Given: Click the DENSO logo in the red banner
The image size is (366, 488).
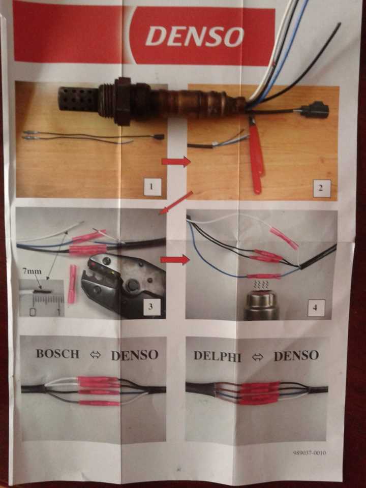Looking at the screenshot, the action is (195, 36).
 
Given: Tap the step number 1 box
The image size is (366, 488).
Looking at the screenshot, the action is (152, 187).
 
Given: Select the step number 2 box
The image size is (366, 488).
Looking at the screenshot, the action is (322, 188).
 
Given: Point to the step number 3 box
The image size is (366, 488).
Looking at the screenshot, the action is (151, 306).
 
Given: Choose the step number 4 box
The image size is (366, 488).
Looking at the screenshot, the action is (316, 308).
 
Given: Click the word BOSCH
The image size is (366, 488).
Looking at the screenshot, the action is (58, 354).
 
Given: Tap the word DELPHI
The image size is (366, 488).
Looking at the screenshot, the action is (217, 356).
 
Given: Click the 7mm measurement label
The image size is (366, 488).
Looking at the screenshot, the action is (32, 271).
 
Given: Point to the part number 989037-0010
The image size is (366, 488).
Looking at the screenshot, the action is (310, 452).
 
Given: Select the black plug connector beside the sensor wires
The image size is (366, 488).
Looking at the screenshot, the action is (315, 110).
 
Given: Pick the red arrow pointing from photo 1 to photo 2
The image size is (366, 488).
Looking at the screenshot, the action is (176, 162).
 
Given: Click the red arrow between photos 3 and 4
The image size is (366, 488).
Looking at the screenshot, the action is (175, 260).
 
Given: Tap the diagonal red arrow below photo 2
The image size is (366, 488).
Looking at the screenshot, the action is (176, 203).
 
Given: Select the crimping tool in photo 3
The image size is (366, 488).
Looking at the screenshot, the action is (123, 285).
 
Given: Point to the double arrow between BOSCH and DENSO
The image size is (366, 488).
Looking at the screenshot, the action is (96, 355).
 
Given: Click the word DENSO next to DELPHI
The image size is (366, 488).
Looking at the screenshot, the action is (296, 356).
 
